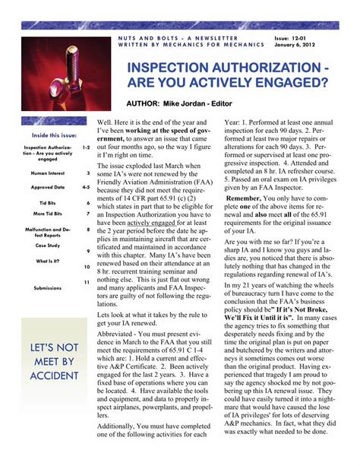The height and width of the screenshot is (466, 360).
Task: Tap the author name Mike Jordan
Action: click(x=201, y=103)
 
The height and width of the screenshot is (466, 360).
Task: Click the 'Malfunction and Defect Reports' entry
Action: click(x=48, y=232)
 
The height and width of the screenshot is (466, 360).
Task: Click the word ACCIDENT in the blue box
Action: click(x=55, y=376)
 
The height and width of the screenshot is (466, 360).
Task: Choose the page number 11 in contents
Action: click(x=87, y=282)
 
